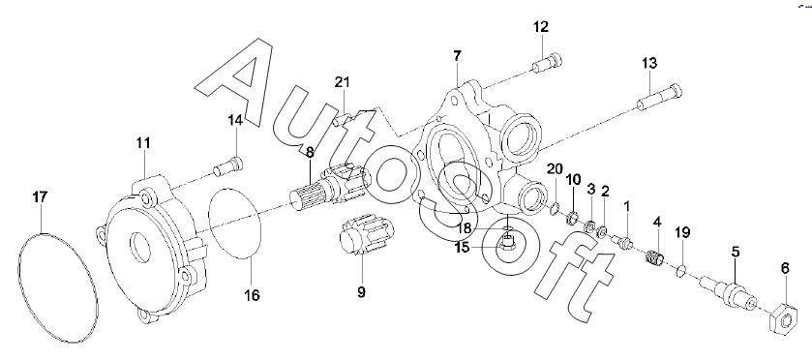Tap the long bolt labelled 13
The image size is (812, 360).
point(659,98)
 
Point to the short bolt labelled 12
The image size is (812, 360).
point(548,64)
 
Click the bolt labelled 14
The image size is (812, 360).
point(228,166)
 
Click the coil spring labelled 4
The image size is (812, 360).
point(656,257)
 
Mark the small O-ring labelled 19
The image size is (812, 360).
point(682,270)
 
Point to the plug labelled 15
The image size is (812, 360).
point(508,241)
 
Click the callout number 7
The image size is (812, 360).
point(457,56)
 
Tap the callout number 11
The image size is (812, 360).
point(143,143)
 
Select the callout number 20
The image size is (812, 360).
point(555,168)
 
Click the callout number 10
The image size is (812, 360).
point(573,180)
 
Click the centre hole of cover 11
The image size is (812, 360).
point(139,247)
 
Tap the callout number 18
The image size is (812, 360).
point(464,228)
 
